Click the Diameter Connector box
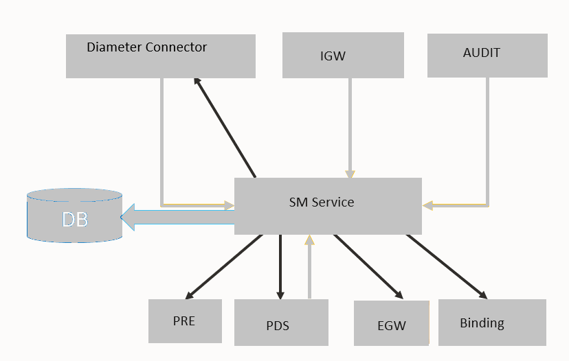[160, 56]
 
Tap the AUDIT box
[487, 56]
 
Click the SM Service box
[328, 206]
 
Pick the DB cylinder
[74, 216]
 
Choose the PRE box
[185, 321]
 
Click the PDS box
[281, 322]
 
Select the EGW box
[391, 323]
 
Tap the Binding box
[492, 322]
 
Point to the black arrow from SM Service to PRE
[226, 266]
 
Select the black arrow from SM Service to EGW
[368, 266]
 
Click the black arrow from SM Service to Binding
[447, 267]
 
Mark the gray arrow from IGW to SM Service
[350, 127]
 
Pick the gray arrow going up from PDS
[309, 267]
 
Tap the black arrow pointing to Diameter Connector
[225, 127]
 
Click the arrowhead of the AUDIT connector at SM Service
[427, 205]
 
